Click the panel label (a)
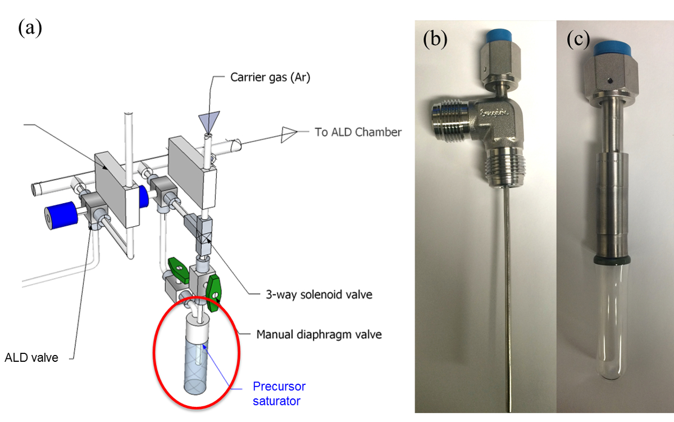point(30,28)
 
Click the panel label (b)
point(435,39)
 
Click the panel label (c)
point(578,39)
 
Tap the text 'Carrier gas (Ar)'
point(270,77)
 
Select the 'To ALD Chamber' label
point(358,132)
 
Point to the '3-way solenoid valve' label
point(319,294)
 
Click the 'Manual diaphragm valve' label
point(319,334)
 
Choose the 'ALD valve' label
point(31,357)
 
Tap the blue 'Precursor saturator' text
point(279,394)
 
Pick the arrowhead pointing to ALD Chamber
point(289,134)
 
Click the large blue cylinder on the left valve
point(61,216)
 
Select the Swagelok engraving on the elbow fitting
point(494,113)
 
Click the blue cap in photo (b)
point(499,35)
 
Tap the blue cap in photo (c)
point(612,49)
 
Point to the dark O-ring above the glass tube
point(612,260)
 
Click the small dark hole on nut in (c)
point(610,80)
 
